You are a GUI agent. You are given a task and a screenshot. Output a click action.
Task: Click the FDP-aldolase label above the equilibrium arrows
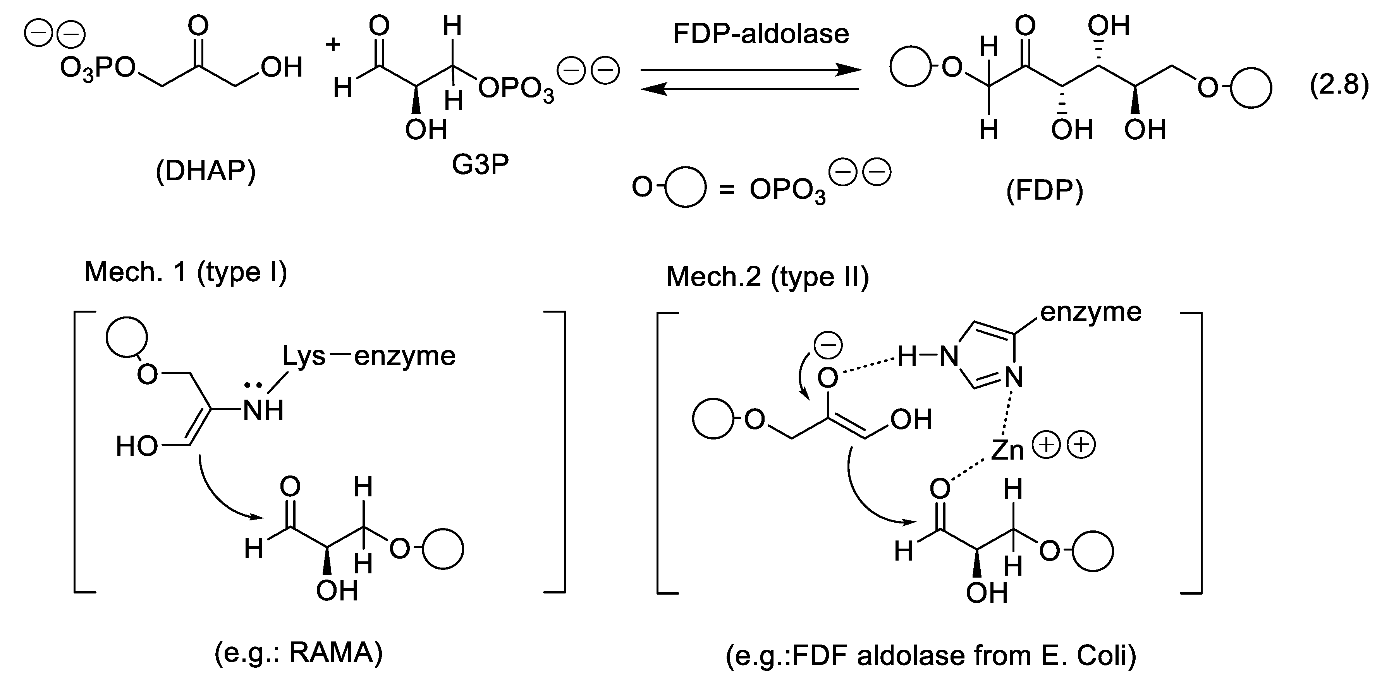(761, 34)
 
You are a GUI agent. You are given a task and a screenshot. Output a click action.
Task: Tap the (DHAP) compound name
(205, 171)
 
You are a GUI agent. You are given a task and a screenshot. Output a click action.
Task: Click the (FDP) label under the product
(1045, 191)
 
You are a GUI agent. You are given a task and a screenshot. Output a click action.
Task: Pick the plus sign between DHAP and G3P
(333, 44)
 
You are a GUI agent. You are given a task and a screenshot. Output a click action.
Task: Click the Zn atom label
(1007, 450)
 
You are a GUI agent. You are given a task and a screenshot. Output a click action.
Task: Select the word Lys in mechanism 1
(304, 356)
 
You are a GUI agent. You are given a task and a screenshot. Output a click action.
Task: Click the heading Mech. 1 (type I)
(186, 272)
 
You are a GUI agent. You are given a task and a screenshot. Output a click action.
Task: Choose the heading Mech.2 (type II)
(767, 277)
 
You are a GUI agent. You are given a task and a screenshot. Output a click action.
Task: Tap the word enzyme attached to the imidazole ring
(1090, 312)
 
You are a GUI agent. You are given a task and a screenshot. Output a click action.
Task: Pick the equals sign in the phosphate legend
(726, 190)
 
